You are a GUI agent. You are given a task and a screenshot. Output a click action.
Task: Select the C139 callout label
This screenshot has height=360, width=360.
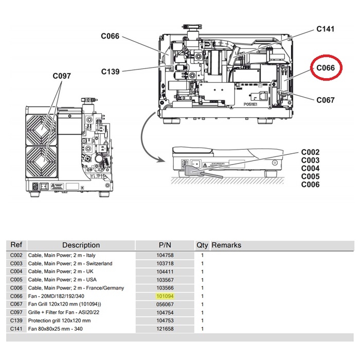[110, 71]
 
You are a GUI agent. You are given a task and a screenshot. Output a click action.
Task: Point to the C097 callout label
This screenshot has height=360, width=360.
[62, 76]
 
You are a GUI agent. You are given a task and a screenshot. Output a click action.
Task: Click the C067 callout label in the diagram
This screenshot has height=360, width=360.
[326, 100]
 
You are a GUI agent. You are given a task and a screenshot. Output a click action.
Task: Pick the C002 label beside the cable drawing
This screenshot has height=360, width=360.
[310, 152]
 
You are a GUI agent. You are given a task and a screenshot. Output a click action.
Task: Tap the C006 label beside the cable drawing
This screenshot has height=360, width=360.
[310, 185]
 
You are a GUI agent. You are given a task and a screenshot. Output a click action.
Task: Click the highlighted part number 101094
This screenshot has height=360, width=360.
[165, 296]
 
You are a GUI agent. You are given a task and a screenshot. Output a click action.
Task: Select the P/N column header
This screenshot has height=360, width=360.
[165, 245]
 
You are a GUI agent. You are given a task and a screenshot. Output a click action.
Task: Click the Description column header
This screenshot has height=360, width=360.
[81, 245]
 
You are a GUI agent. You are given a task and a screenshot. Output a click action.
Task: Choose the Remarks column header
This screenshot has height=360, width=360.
[226, 245]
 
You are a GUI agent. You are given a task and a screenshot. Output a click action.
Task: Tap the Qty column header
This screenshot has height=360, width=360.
[202, 245]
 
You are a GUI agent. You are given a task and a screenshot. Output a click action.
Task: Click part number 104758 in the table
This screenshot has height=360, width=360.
[165, 255]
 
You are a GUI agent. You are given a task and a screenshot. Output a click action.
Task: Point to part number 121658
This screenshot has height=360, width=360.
[165, 329]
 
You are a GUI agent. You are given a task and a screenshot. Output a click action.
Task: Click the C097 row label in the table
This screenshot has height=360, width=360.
[16, 313]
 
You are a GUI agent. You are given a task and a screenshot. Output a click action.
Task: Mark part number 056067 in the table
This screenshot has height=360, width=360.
[165, 304]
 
